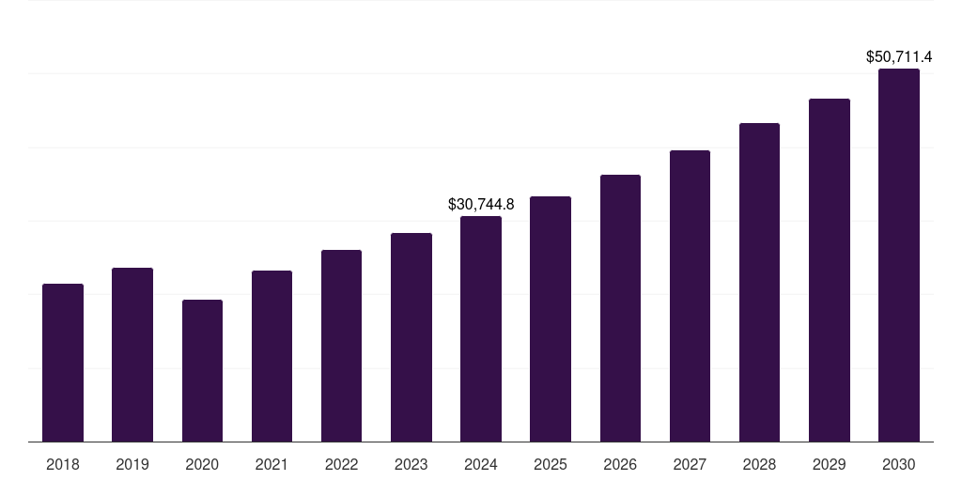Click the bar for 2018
point(63,363)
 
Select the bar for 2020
point(202,371)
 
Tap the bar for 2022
point(341,346)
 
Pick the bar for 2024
point(481,329)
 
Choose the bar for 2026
point(620,308)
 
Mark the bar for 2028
point(759,282)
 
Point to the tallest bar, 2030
point(899,256)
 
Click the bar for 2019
point(132,355)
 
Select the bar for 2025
point(551,319)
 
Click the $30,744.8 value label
point(481,204)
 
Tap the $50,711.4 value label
point(899,57)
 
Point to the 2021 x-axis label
point(272,464)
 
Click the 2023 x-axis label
point(411,464)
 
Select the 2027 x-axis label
point(690,464)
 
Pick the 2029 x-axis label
point(830,464)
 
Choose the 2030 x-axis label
point(899,464)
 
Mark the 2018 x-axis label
point(63,464)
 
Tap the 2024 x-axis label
point(481,464)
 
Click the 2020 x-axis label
point(202,464)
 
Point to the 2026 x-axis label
point(620,464)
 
